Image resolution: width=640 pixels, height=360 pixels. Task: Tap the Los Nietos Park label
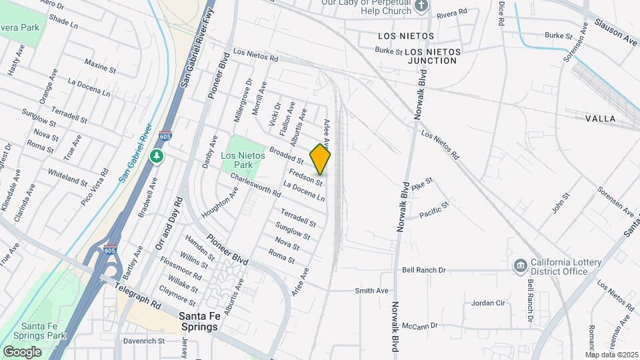[x=243, y=160]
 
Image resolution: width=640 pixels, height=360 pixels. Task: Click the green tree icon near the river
[x=157, y=156]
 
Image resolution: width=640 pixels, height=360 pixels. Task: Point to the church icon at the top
[x=421, y=6]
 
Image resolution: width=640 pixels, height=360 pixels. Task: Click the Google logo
[x=22, y=351]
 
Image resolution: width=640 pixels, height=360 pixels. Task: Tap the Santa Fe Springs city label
[x=207, y=322]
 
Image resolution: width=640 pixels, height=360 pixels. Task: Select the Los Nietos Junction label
[x=431, y=55]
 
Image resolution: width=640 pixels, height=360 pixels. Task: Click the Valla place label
[x=600, y=118]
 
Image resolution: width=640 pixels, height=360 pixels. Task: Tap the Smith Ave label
[x=371, y=291]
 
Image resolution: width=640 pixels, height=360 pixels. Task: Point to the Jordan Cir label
[x=489, y=303]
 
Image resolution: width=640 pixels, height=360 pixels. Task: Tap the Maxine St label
[x=101, y=65]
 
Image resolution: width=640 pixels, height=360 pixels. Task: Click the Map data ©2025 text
[x=611, y=354]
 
